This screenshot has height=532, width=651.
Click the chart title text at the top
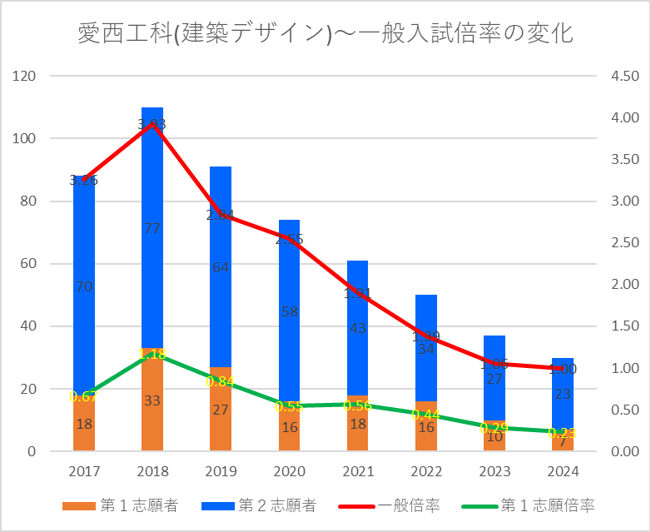(325, 34)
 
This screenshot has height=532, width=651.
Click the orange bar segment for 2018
(152, 416)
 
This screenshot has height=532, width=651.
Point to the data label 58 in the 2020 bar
(289, 312)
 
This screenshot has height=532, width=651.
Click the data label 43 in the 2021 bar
(358, 328)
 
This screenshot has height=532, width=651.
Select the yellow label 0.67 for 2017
(84, 396)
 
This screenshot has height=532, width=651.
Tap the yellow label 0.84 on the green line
(221, 381)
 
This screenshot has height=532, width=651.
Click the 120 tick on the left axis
(27, 77)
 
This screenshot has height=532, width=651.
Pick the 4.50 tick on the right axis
(625, 77)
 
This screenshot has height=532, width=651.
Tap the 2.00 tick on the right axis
(625, 285)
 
